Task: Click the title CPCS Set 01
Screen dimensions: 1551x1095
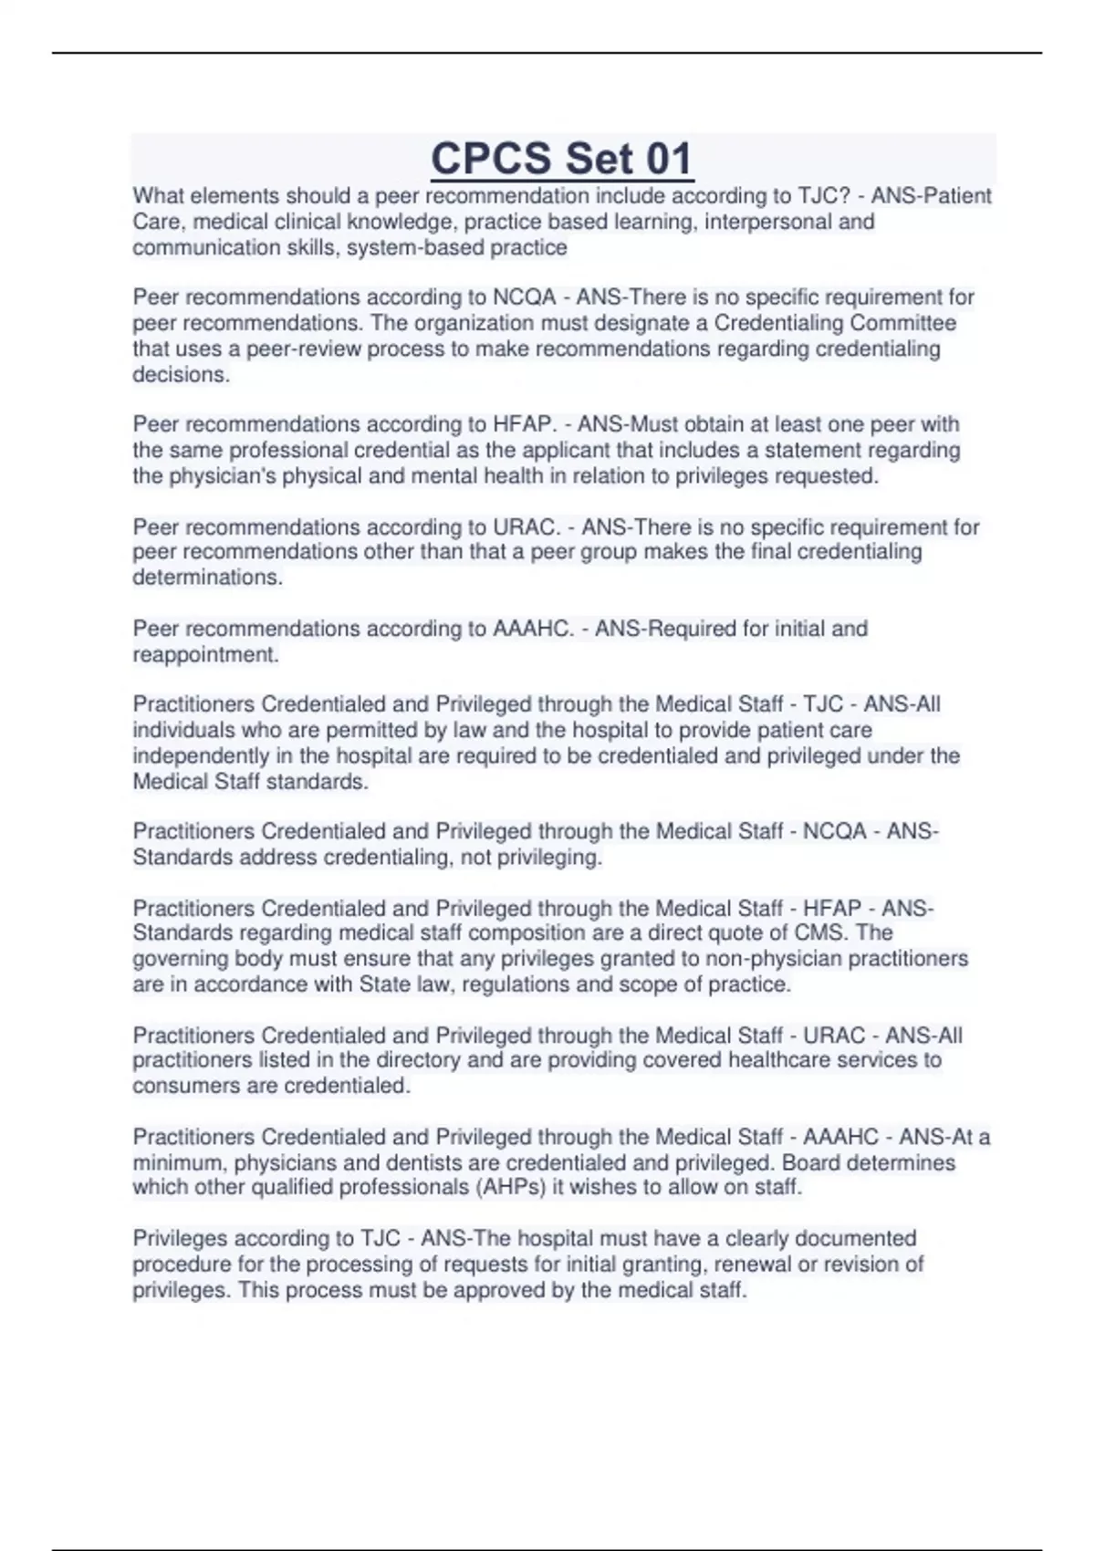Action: tap(562, 159)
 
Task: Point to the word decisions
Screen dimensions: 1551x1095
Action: tap(181, 374)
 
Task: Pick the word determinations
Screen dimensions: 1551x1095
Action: tap(207, 577)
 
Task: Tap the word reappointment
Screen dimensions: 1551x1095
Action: tap(205, 654)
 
